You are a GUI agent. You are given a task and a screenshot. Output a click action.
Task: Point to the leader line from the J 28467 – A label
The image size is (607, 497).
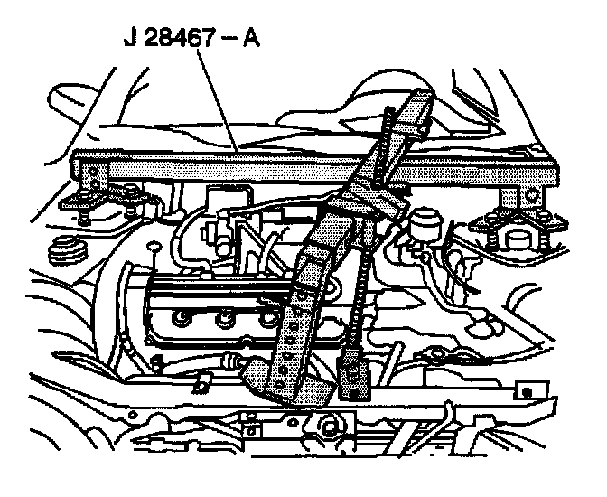[216, 99]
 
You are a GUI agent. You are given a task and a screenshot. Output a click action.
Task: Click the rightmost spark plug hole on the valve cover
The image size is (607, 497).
[267, 316]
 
